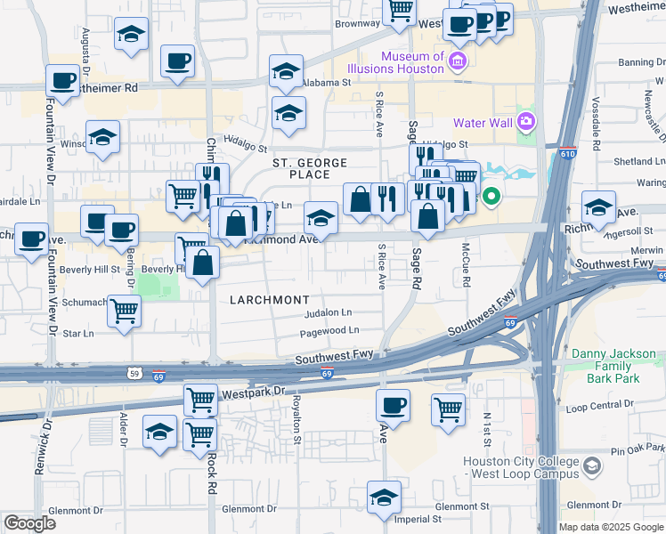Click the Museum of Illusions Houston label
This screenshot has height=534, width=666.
pyautogui.click(x=412, y=62)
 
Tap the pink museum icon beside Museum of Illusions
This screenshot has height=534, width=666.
pyautogui.click(x=458, y=61)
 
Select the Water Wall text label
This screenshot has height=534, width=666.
pyautogui.click(x=482, y=123)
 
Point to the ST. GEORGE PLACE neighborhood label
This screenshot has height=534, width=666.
pyautogui.click(x=301, y=167)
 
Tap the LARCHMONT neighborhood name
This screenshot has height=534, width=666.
pyautogui.click(x=269, y=300)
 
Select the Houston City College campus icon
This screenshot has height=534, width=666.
pyautogui.click(x=591, y=466)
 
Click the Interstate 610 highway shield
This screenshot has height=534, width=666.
pyautogui.click(x=567, y=154)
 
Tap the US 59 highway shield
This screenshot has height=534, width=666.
pyautogui.click(x=133, y=373)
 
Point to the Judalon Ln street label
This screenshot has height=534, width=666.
pyautogui.click(x=328, y=313)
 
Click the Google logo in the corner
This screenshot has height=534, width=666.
pyautogui.click(x=30, y=523)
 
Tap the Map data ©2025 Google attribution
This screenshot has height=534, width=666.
pyautogui.click(x=610, y=527)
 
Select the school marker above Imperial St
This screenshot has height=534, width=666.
pyautogui.click(x=384, y=497)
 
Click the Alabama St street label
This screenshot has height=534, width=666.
pyautogui.click(x=326, y=82)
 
